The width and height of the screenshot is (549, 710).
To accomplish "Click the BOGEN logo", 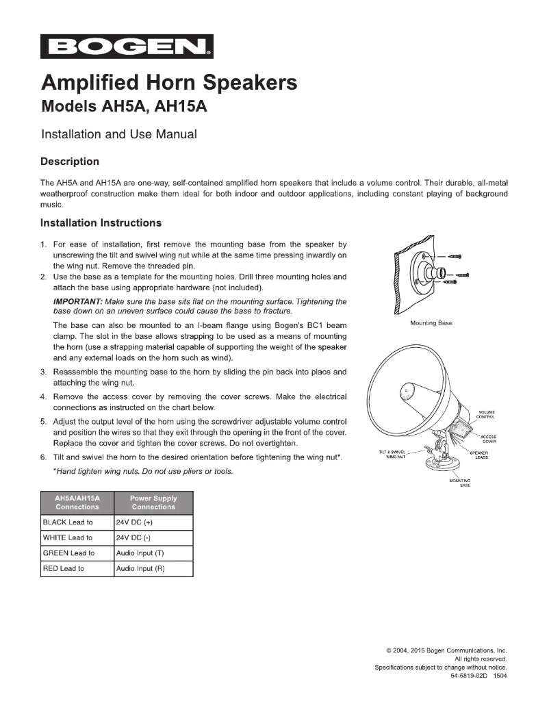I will click(x=127, y=47).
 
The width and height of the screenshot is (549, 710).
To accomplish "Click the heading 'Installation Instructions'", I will click(x=101, y=223).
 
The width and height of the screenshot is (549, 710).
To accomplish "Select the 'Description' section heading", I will click(x=70, y=162).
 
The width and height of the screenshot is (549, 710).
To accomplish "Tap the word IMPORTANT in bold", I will click(x=75, y=302).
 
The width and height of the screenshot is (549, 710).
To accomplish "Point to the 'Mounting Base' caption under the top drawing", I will click(x=431, y=322).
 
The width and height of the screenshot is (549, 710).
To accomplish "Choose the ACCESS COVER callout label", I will click(x=488, y=439).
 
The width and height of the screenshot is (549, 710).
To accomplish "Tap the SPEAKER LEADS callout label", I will click(x=478, y=455).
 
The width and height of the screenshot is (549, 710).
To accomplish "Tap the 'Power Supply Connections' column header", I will click(x=154, y=503).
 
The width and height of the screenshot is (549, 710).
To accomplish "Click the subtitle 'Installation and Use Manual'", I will click(x=119, y=134).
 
